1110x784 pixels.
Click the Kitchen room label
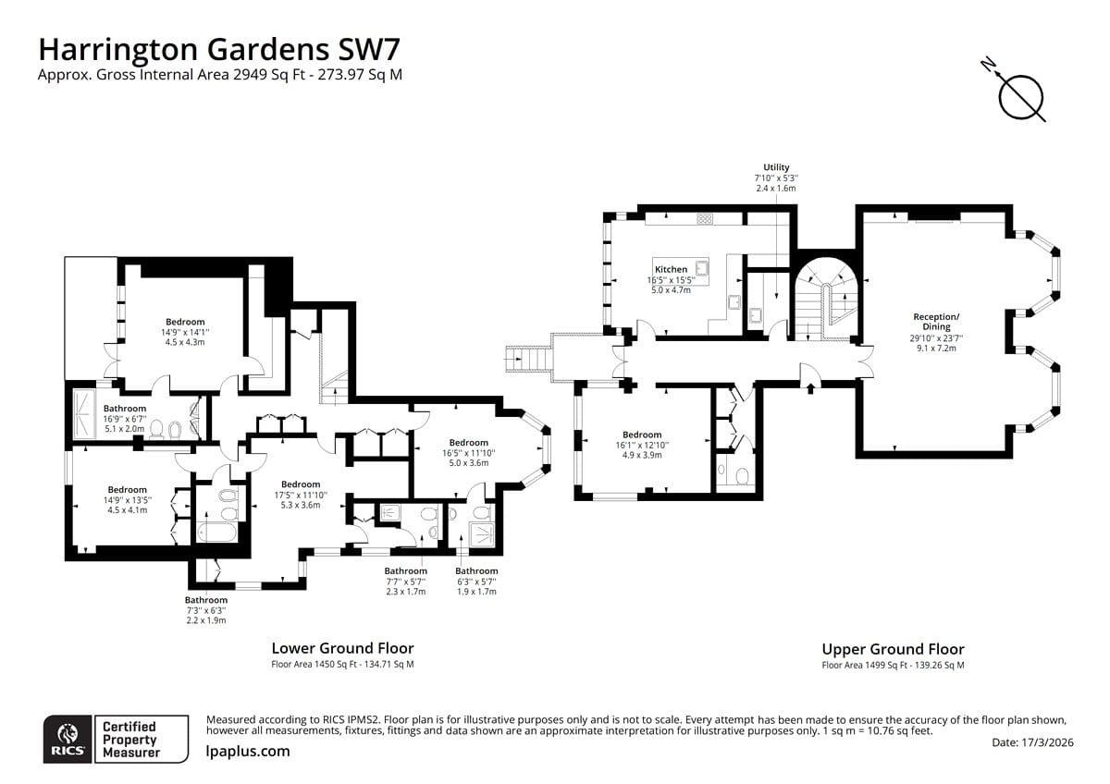pos(671,269)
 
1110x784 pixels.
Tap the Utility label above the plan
pos(776,167)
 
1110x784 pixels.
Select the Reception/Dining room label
pos(936,322)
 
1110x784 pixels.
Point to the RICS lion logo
pos(68,739)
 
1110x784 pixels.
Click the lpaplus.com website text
pos(248,752)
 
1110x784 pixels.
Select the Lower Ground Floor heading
pos(342,648)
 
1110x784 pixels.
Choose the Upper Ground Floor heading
pos(893,649)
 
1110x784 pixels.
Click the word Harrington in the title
pos(118,50)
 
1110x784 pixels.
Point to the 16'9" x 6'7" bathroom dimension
pos(125,419)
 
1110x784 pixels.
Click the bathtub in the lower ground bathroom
pos(217,533)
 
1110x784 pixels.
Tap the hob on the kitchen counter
pos(705,218)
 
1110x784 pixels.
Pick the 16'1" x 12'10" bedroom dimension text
pos(642,446)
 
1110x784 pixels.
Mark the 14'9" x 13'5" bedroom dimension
pos(128,500)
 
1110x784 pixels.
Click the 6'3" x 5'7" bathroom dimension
pos(476,582)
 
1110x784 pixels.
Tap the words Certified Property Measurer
pos(131,740)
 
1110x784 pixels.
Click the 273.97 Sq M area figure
pos(360,75)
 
